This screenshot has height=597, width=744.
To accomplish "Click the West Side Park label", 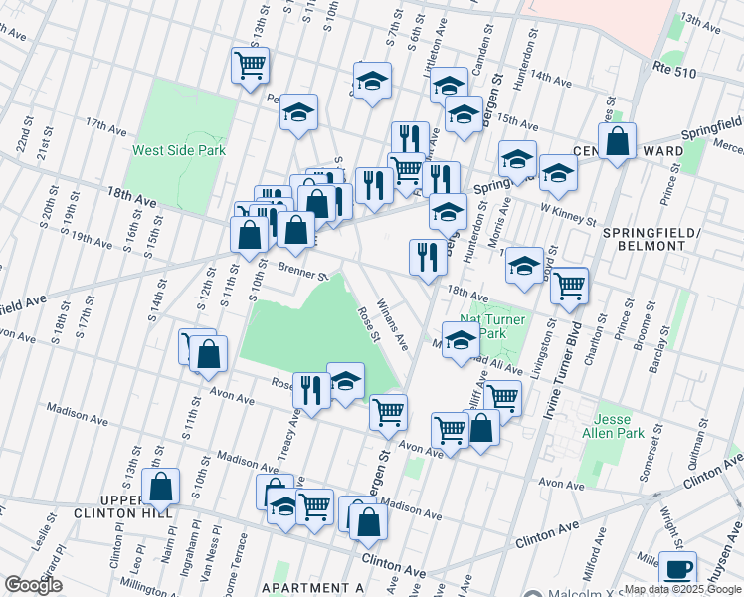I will [x=180, y=151].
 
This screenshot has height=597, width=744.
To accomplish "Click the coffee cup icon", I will [x=679, y=570].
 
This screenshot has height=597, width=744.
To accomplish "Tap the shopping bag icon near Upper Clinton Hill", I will [x=160, y=486].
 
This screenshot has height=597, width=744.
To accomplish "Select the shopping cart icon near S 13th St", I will [x=250, y=65].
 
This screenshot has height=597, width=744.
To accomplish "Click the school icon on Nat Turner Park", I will [x=460, y=340].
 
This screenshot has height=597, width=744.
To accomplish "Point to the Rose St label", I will [x=369, y=323].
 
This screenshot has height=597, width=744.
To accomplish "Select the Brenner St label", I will [x=302, y=271].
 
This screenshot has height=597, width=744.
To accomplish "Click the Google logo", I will [x=34, y=585].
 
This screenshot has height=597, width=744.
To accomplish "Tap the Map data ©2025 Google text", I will [x=682, y=589].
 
